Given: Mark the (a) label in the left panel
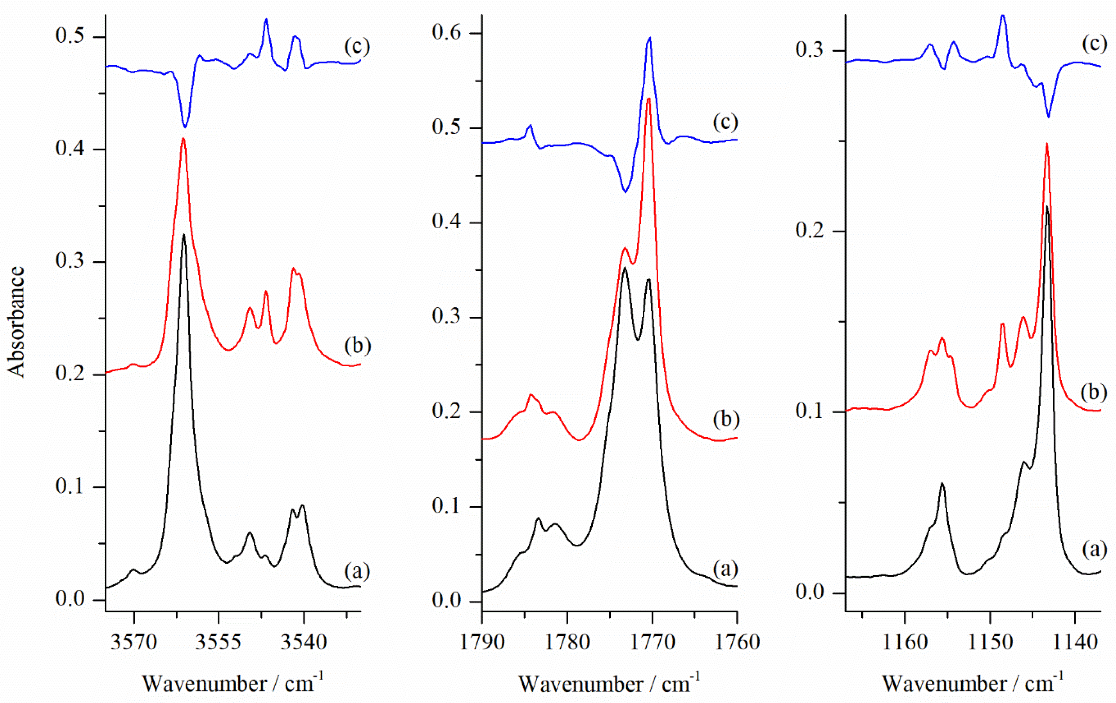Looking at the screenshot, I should tap(357, 571).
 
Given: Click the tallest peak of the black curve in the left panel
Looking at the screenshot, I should tap(184, 235).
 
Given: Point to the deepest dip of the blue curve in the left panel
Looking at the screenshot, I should tap(185, 127).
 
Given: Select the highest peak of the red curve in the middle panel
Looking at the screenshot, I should tap(649, 99).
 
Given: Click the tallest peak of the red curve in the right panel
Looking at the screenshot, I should tap(1047, 144).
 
